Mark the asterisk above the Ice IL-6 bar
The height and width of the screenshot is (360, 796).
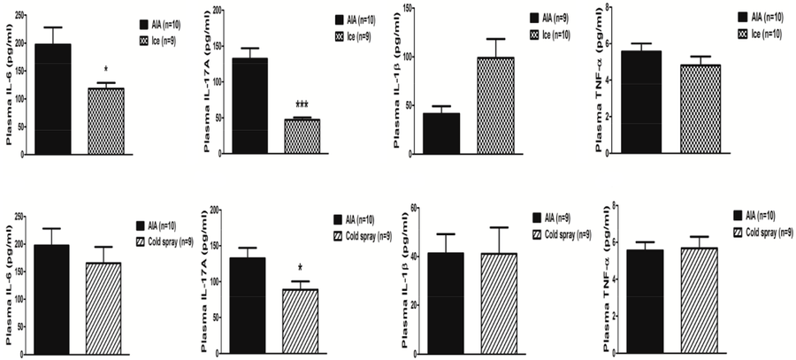pos(106,70)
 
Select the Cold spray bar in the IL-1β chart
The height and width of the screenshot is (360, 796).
pos(495,301)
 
